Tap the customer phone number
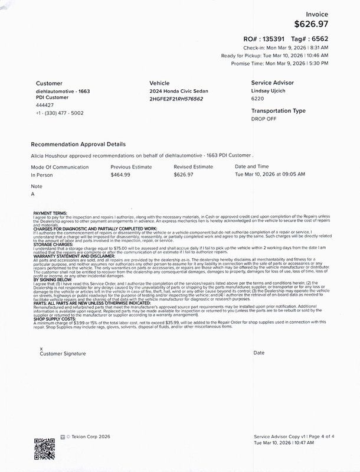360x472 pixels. click(x=60, y=113)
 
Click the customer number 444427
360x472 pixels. click(x=45, y=105)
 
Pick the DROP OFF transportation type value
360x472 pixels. click(x=263, y=119)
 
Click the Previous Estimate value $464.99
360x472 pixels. click(x=120, y=175)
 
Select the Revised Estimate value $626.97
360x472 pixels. click(x=184, y=175)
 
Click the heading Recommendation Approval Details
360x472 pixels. click(x=78, y=144)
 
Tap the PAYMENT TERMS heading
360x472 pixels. click(x=50, y=213)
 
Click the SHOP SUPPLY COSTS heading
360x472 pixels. click(x=54, y=319)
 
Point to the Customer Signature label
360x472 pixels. click(x=63, y=353)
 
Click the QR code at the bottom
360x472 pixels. click(x=44, y=448)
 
